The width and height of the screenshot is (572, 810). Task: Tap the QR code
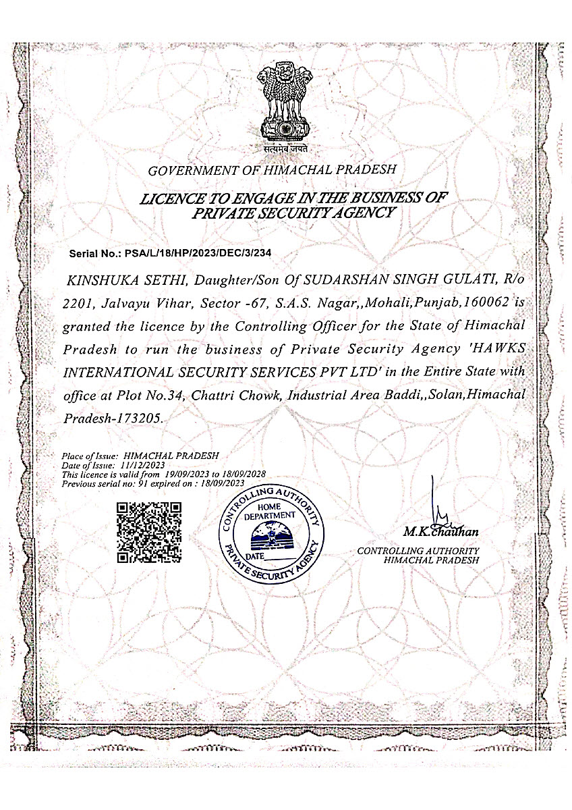point(149,532)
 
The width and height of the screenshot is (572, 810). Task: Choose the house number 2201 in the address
point(76,303)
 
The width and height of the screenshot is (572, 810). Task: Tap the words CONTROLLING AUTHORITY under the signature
point(418,551)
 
